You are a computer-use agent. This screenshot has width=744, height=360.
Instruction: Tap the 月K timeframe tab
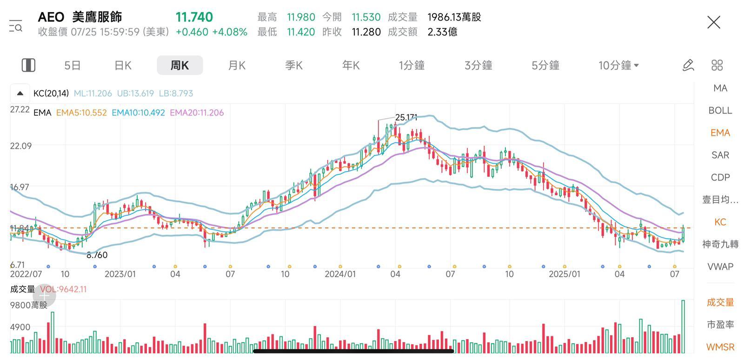pyautogui.click(x=237, y=66)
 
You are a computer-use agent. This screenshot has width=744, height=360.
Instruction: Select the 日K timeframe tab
pyautogui.click(x=123, y=66)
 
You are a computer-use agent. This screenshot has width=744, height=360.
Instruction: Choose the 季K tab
pyautogui.click(x=294, y=66)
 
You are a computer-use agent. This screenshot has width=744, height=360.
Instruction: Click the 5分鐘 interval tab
pyautogui.click(x=545, y=66)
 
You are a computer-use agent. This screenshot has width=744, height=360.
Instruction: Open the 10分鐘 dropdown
pyautogui.click(x=618, y=66)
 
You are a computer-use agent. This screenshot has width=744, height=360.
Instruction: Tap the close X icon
pyautogui.click(x=713, y=22)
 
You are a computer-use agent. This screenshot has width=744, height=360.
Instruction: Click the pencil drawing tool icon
pyautogui.click(x=688, y=66)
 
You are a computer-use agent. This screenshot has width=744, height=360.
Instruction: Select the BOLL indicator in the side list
pyautogui.click(x=720, y=111)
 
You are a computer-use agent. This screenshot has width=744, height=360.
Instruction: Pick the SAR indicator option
pyautogui.click(x=720, y=155)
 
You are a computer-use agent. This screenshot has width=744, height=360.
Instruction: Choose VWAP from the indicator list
pyautogui.click(x=720, y=267)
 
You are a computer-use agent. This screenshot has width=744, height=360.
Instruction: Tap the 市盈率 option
pyautogui.click(x=720, y=325)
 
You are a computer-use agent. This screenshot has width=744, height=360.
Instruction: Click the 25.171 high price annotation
pyautogui.click(x=406, y=118)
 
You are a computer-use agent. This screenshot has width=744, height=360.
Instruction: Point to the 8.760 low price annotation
pyautogui.click(x=97, y=255)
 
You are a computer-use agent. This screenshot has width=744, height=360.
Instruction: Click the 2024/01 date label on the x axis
pyautogui.click(x=340, y=274)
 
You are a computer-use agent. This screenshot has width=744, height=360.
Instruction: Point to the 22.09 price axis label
pyautogui.click(x=21, y=146)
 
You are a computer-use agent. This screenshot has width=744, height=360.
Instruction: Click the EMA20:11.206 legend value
pyautogui.click(x=197, y=113)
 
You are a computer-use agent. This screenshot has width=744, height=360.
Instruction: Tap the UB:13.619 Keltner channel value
pyautogui.click(x=135, y=93)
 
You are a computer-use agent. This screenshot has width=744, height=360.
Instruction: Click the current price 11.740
pyautogui.click(x=194, y=17)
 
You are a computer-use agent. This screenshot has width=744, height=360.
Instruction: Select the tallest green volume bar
pyautogui.click(x=683, y=327)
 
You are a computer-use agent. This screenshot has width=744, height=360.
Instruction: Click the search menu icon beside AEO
pyautogui.click(x=15, y=26)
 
